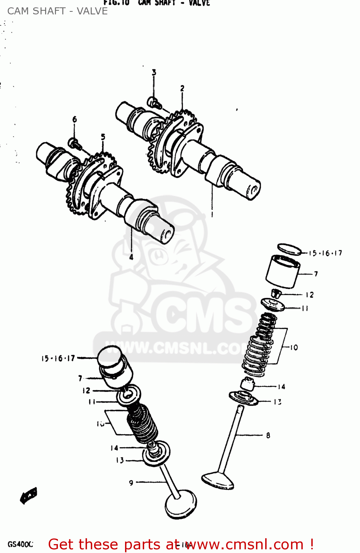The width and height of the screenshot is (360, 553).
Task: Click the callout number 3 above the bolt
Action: click(154, 73)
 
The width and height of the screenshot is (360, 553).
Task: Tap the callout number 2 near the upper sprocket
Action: click(182, 88)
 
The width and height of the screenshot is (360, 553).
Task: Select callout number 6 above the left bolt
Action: click(75, 119)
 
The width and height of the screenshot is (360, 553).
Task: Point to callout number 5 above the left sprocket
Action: click(103, 137)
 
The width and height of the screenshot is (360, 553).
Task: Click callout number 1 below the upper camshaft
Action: click(212, 214)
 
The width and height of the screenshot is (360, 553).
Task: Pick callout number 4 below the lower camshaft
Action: click(131, 257)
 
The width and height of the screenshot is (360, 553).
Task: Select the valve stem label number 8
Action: click(268, 435)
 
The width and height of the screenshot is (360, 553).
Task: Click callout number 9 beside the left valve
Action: click(131, 483)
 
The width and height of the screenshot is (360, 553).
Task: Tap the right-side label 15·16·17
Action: click(325, 253)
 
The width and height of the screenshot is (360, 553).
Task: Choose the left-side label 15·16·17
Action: click(58, 358)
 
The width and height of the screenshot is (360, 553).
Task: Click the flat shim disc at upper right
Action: click(289, 249)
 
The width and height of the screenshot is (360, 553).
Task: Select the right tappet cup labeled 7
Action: click(283, 272)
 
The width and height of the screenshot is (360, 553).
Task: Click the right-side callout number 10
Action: click(294, 347)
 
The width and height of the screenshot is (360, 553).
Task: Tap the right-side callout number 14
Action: click(281, 387)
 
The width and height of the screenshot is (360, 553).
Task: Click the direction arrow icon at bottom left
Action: click(29, 495)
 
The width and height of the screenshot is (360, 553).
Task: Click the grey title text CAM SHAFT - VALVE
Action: click(58, 11)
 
